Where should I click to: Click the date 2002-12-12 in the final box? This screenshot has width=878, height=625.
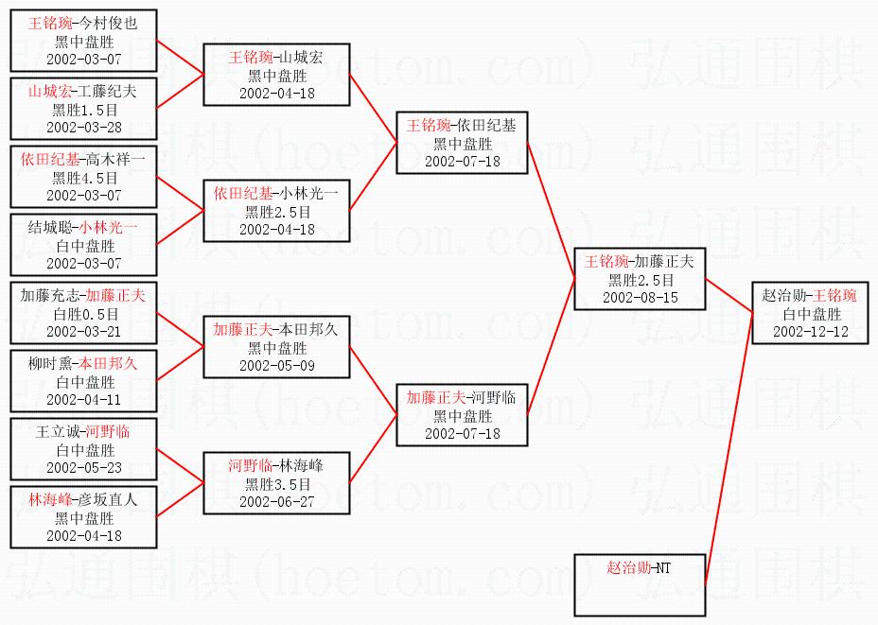[810, 332]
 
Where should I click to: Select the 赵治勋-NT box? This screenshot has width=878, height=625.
[639, 585]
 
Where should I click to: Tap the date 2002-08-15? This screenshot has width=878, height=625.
[639, 297]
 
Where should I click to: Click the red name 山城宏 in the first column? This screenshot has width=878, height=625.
[51, 92]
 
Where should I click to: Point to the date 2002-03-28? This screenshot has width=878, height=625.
[84, 127]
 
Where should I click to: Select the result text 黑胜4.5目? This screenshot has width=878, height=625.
[84, 177]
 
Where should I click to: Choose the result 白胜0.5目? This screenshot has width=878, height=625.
[84, 313]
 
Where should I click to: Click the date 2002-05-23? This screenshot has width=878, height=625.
[84, 467]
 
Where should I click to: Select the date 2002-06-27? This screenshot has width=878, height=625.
[277, 501]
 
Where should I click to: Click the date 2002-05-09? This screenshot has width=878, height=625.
[277, 365]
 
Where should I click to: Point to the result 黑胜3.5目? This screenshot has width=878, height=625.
[277, 484]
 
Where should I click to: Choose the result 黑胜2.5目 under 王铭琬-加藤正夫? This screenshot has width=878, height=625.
[639, 280]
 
